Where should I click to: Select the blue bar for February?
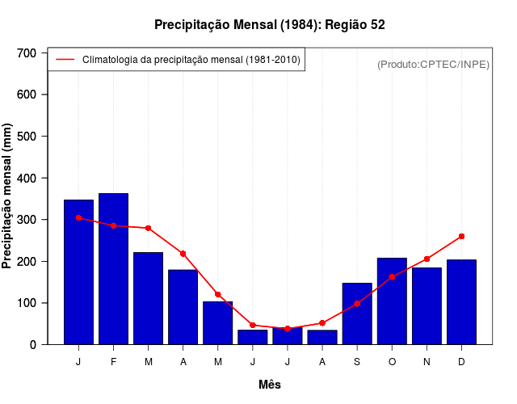click(x=113, y=268)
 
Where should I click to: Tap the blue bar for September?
click(x=357, y=314)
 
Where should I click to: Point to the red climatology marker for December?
click(x=461, y=237)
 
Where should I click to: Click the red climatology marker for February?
click(x=113, y=225)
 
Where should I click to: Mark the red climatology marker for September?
click(x=357, y=304)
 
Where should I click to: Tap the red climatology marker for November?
click(x=427, y=259)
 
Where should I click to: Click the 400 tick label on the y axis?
click(x=27, y=178)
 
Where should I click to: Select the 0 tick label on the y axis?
click(x=33, y=345)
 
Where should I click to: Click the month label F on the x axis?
click(x=113, y=362)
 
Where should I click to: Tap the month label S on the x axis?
click(x=357, y=362)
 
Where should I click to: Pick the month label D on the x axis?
click(x=461, y=362)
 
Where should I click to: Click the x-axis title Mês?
click(x=270, y=385)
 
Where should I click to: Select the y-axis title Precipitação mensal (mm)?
click(x=8, y=196)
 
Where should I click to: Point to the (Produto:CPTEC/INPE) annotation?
click(x=433, y=64)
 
